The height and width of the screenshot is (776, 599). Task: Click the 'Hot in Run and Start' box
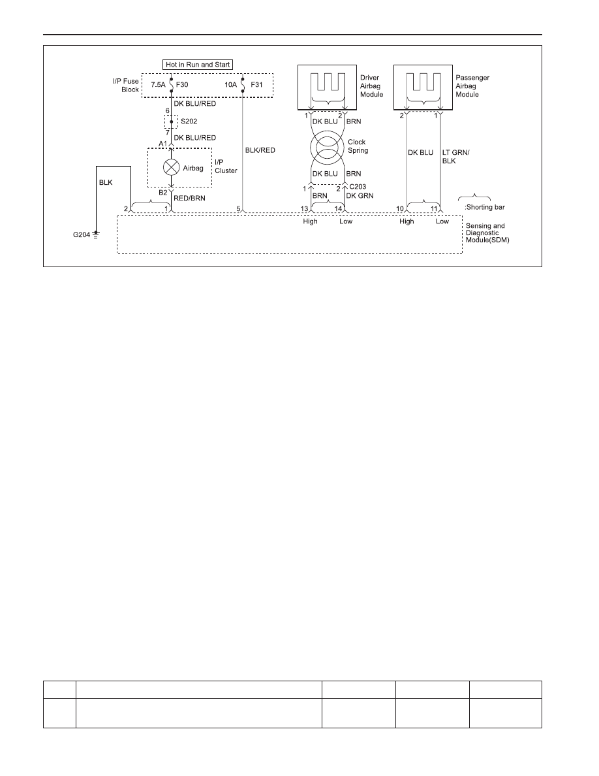click(x=198, y=64)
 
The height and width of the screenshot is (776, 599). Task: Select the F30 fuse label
click(x=182, y=85)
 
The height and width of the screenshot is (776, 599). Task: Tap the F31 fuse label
click(x=257, y=85)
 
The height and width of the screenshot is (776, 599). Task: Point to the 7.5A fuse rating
click(x=158, y=85)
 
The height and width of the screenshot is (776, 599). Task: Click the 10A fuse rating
click(x=231, y=85)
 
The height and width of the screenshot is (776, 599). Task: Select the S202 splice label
click(x=189, y=121)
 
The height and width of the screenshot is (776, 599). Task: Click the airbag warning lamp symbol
click(x=172, y=167)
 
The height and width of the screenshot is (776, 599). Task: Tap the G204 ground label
click(x=82, y=234)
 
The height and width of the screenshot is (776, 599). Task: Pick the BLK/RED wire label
click(x=260, y=150)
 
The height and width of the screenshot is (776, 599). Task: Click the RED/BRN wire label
click(x=189, y=198)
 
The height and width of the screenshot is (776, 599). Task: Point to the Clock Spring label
click(x=358, y=146)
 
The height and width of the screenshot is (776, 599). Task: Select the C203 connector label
click(x=358, y=187)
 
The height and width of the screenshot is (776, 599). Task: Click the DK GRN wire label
click(x=360, y=195)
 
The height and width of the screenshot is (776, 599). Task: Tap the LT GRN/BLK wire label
click(x=455, y=156)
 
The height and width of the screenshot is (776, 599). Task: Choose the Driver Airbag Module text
click(x=372, y=86)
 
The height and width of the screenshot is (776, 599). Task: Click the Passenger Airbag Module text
click(x=472, y=86)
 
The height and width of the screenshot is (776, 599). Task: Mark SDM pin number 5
click(x=238, y=209)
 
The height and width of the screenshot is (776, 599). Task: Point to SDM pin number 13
click(x=305, y=209)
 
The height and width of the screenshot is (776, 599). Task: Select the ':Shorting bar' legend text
click(x=485, y=207)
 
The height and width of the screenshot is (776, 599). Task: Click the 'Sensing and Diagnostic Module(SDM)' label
click(x=487, y=233)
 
